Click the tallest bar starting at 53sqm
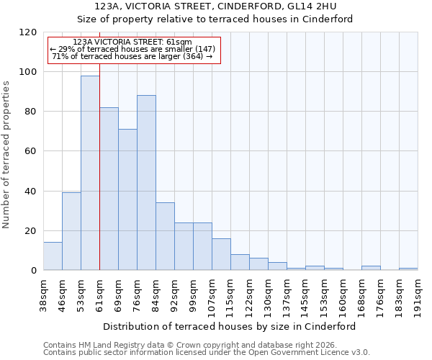tap(90, 173)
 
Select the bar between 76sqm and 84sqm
tap(146, 183)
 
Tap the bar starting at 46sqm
tap(71, 231)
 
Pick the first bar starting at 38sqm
tap(53, 256)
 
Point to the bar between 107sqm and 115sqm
tap(221, 254)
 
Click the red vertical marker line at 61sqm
tap(99, 180)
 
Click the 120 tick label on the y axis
tap(28, 32)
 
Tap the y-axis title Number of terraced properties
tap(7, 155)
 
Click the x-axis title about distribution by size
tap(230, 326)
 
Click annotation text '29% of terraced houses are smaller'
tap(133, 49)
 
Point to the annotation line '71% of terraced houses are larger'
tap(133, 56)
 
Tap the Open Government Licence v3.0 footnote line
tap(207, 353)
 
